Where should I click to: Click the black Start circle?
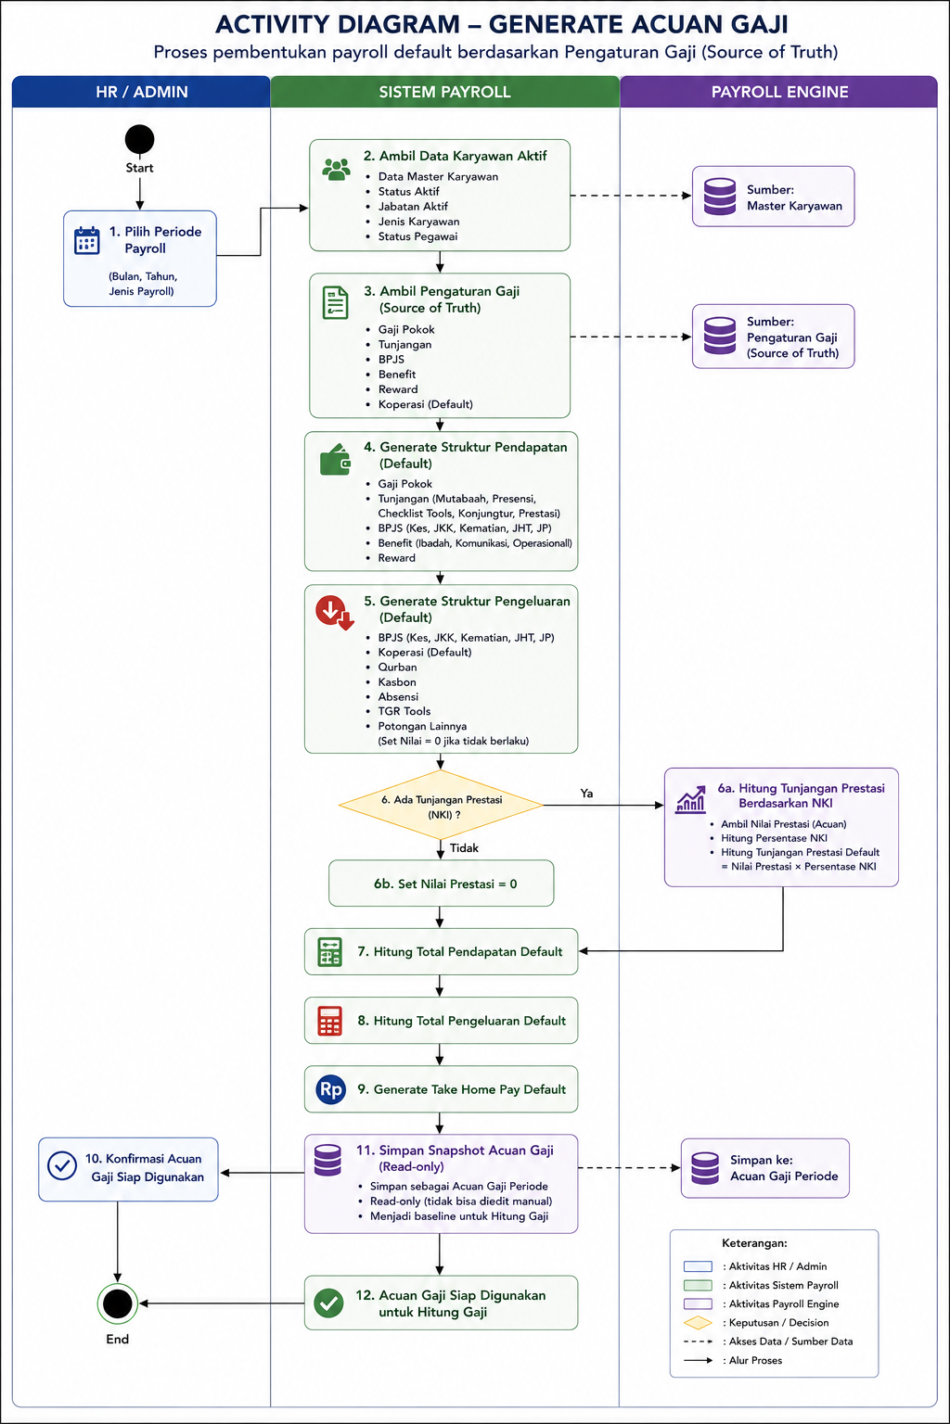[139, 139]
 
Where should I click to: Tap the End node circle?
[118, 1303]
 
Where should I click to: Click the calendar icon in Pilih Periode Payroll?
[86, 240]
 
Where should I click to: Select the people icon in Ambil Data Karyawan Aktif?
[336, 170]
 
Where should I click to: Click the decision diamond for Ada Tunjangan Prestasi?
[441, 805]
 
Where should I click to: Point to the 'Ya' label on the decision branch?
[586, 793]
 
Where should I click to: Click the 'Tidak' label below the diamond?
[464, 848]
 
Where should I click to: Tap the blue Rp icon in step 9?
[331, 1089]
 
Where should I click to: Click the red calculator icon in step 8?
[329, 1021]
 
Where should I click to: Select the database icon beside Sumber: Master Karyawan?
[720, 197]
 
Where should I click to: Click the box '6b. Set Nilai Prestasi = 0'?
[441, 883]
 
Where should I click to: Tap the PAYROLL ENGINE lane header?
[779, 92]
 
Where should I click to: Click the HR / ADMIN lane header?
[141, 92]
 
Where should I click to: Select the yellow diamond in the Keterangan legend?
[698, 1322]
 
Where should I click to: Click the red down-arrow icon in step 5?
[335, 612]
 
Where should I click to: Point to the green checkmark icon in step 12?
[329, 1303]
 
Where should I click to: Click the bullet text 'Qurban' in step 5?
[398, 667]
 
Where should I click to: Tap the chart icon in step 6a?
[690, 799]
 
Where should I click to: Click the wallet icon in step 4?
[335, 459]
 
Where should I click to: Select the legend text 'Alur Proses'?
[755, 1360]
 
